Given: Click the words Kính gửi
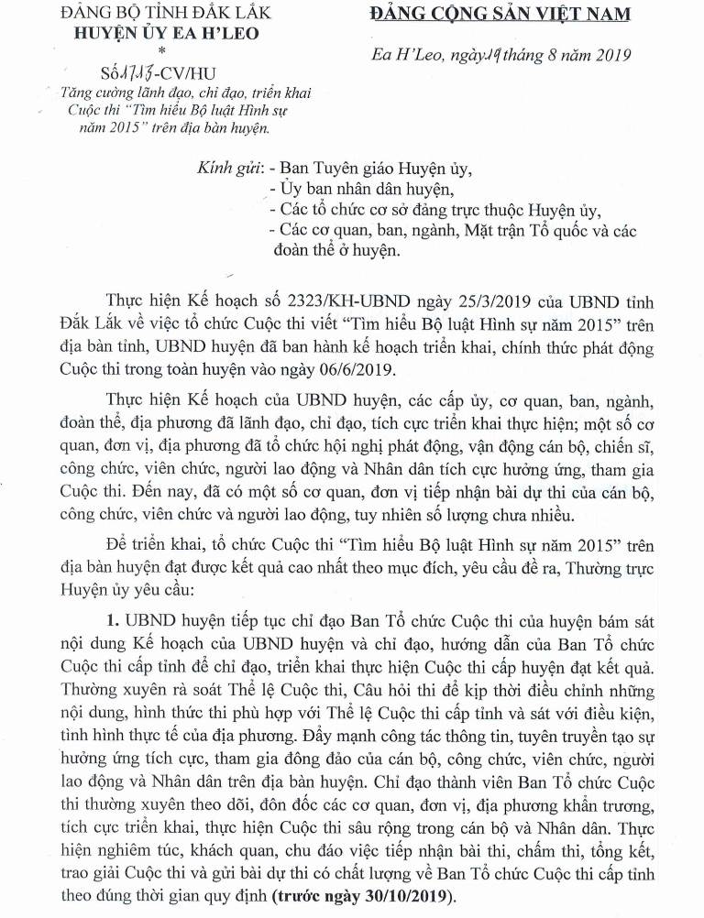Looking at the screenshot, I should (x=231, y=169).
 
